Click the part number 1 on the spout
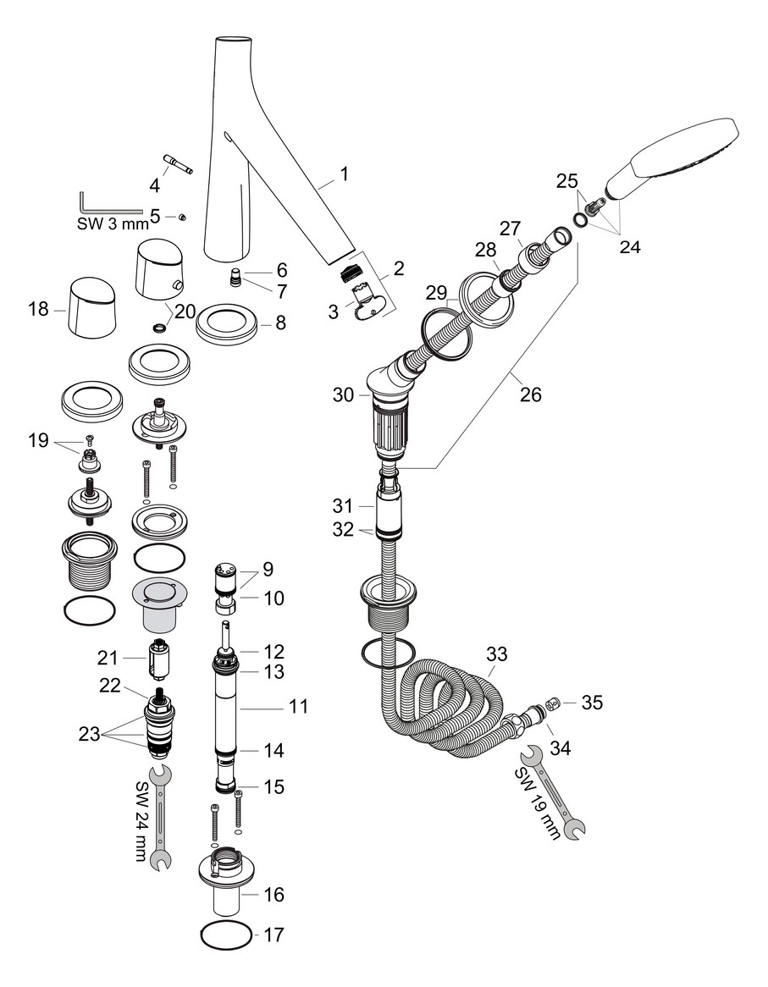pyautogui.click(x=344, y=174)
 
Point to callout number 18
pyautogui.click(x=38, y=310)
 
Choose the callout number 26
pyautogui.click(x=532, y=394)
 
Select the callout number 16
pyautogui.click(x=273, y=894)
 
